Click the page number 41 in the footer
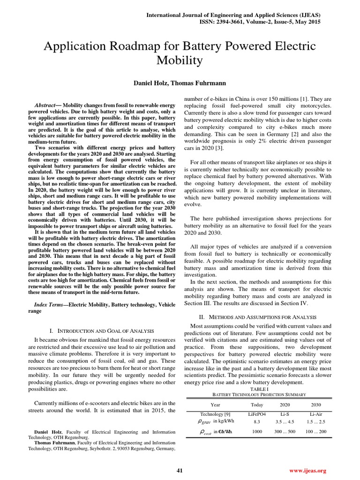(179, 470)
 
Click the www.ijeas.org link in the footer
(307, 470)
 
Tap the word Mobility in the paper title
(180, 60)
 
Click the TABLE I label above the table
(259, 389)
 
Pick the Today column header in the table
(257, 404)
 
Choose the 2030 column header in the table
(316, 404)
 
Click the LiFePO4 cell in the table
(257, 414)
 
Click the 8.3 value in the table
(257, 421)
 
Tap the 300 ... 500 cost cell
(285, 431)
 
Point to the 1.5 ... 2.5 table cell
(316, 421)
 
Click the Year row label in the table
(216, 404)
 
